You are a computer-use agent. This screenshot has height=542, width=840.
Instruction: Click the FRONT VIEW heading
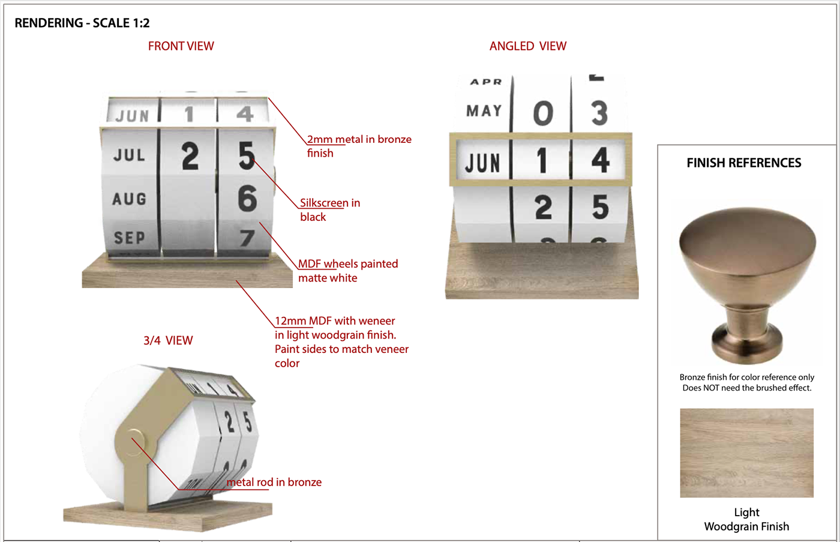point(181,46)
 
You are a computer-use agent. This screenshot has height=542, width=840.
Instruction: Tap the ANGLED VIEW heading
point(527,46)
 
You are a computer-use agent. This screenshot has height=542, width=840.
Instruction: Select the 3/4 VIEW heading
point(168,340)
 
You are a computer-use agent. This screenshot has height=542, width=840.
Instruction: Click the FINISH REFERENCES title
point(743,163)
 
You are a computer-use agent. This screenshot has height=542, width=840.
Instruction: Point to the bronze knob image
point(747,285)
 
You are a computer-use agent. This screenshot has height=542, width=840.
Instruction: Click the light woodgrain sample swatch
point(746,453)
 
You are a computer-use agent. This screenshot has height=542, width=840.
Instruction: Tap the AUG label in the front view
point(130,199)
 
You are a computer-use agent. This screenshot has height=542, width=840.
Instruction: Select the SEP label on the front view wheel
point(130,238)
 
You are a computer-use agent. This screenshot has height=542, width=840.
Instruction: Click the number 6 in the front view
point(247,198)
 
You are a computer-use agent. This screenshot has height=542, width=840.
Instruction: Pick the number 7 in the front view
point(247,238)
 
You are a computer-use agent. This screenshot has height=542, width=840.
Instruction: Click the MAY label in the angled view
point(484,110)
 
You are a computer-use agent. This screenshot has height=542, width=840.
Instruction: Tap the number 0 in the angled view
point(543,113)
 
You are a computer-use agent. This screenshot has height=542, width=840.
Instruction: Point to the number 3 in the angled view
point(599,112)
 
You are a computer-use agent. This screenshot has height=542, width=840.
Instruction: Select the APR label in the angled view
point(485,82)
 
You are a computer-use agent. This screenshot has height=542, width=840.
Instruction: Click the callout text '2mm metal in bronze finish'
point(359,146)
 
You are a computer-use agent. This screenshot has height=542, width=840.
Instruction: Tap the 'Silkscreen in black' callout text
point(329,209)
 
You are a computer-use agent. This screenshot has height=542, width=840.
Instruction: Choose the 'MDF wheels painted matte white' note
point(347,271)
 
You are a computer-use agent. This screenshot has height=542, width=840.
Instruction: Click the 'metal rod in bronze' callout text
point(274,482)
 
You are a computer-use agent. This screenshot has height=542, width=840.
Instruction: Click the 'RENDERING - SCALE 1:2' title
point(82,23)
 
